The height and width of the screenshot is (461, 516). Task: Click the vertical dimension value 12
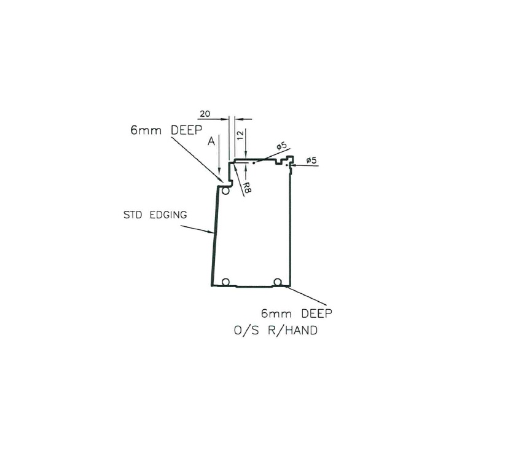[241, 134]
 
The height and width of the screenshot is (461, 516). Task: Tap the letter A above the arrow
[211, 142]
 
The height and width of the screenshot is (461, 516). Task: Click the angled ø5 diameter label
[281, 147]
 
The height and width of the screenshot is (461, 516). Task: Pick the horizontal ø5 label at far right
[311, 160]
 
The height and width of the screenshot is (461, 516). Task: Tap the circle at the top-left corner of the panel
[226, 191]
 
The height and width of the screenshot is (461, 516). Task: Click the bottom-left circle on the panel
[226, 282]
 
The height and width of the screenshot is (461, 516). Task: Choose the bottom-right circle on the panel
[278, 282]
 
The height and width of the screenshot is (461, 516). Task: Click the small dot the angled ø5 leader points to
[254, 163]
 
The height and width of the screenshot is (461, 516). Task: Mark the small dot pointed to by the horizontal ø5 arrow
[287, 165]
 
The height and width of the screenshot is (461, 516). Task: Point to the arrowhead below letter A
[219, 173]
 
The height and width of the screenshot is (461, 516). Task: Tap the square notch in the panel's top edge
[281, 163]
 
